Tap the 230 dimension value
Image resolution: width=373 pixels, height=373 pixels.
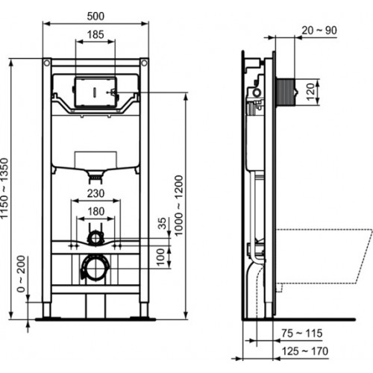(96, 192)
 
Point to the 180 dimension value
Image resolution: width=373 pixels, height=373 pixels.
(96, 211)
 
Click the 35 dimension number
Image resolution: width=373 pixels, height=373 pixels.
(160, 225)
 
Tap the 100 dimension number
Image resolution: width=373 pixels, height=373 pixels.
(160, 256)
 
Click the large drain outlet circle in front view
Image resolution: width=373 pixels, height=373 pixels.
(95, 267)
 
